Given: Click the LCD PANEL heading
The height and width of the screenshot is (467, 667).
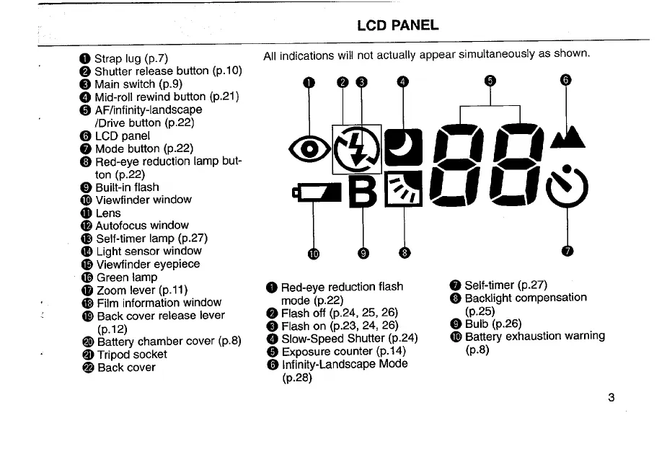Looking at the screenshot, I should point(397,25).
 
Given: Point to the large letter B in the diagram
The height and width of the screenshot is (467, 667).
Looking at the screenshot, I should point(363,191).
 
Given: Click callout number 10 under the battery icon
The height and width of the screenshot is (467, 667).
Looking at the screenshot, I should point(314,253).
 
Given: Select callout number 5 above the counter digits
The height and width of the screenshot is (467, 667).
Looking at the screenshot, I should point(490,80).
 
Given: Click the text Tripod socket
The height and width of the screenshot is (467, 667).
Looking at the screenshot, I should point(131,355).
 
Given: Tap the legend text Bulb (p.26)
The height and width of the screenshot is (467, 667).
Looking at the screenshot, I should point(492,324).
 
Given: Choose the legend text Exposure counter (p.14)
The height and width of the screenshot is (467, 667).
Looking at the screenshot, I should point(343,351).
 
